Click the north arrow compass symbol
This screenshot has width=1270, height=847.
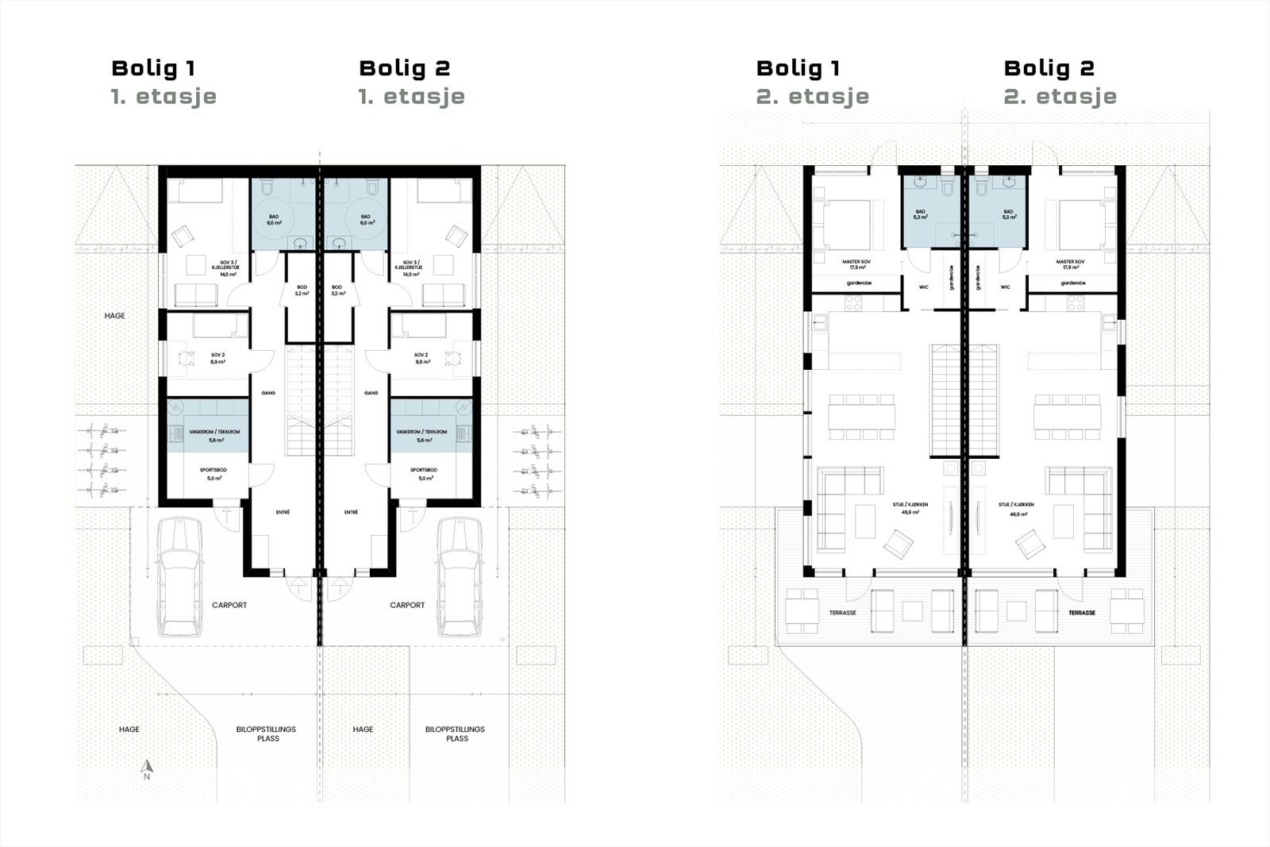click(146, 768)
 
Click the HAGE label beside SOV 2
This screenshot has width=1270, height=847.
click(115, 315)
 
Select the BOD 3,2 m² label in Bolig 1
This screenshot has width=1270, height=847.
click(302, 290)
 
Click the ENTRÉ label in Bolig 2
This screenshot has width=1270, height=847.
click(351, 512)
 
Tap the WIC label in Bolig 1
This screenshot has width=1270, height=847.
click(924, 287)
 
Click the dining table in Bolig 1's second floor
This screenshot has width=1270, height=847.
click(862, 416)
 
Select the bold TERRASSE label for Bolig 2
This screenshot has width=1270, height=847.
click(1081, 613)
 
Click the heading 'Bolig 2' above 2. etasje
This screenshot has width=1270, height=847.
click(1049, 68)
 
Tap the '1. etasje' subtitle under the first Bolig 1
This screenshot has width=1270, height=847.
click(164, 97)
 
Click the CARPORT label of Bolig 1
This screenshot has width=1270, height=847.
click(229, 605)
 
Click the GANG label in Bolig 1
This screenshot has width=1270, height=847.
click(268, 393)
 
